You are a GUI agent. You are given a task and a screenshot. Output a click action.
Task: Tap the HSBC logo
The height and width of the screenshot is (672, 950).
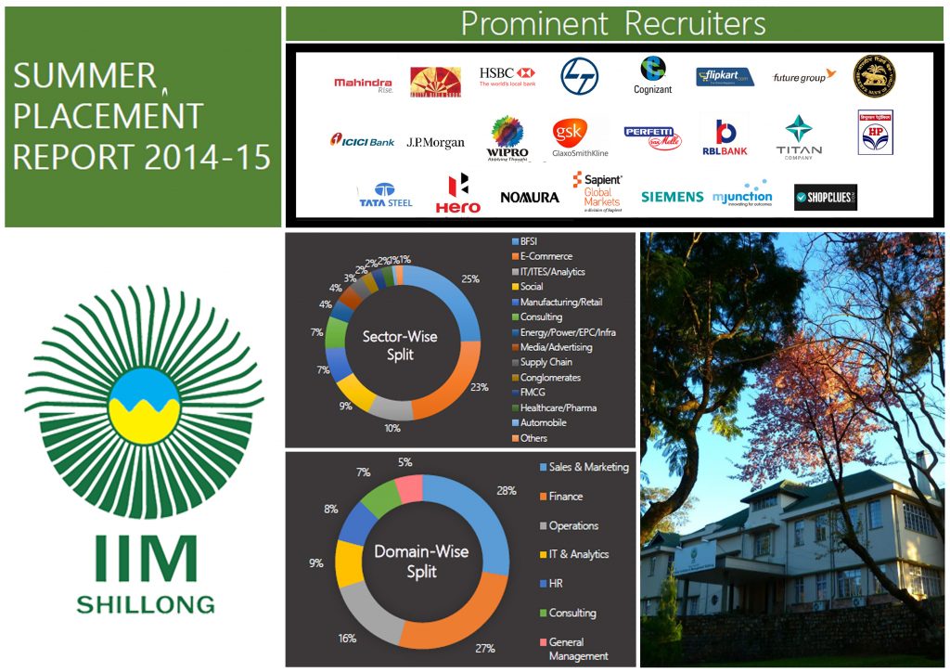(507, 77)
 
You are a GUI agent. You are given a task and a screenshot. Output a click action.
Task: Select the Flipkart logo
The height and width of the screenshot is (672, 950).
(725, 77)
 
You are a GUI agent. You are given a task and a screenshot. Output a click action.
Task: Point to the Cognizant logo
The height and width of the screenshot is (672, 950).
(653, 75)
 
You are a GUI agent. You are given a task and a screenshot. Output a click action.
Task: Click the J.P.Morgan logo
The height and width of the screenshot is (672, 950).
(435, 142)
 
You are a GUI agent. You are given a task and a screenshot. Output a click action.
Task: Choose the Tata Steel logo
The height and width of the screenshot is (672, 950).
(386, 195)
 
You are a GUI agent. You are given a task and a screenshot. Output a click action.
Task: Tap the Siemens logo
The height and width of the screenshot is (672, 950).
(672, 197)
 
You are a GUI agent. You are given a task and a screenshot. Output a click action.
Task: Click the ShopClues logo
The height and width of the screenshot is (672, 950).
(825, 197)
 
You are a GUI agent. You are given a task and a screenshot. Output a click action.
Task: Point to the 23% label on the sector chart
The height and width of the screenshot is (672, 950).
(480, 387)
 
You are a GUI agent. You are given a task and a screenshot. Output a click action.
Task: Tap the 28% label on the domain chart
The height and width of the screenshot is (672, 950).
(506, 490)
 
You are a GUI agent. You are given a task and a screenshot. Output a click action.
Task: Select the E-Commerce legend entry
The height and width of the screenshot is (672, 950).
(546, 256)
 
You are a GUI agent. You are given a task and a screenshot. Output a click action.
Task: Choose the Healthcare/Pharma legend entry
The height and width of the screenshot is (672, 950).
(558, 407)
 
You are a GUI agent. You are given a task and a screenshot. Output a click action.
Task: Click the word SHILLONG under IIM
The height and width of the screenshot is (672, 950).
(145, 604)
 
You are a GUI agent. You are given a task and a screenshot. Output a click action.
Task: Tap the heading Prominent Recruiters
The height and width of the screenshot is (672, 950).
(613, 23)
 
